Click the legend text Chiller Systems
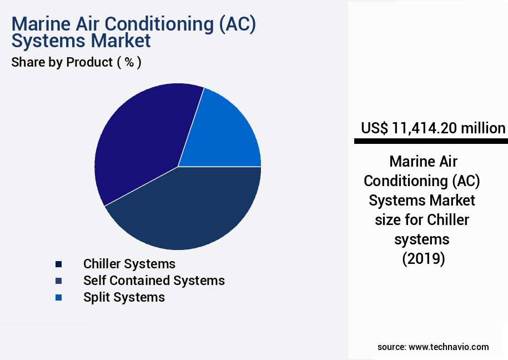(x=129, y=264)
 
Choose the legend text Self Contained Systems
(x=154, y=281)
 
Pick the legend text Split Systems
(x=124, y=297)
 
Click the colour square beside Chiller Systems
(x=58, y=264)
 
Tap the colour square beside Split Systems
(x=58, y=298)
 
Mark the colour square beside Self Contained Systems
(x=58, y=281)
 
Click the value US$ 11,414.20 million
(x=433, y=128)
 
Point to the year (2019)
(x=424, y=259)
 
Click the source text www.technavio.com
(x=449, y=347)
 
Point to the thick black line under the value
(x=431, y=142)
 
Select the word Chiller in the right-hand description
(x=448, y=220)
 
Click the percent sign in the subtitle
(x=129, y=62)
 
